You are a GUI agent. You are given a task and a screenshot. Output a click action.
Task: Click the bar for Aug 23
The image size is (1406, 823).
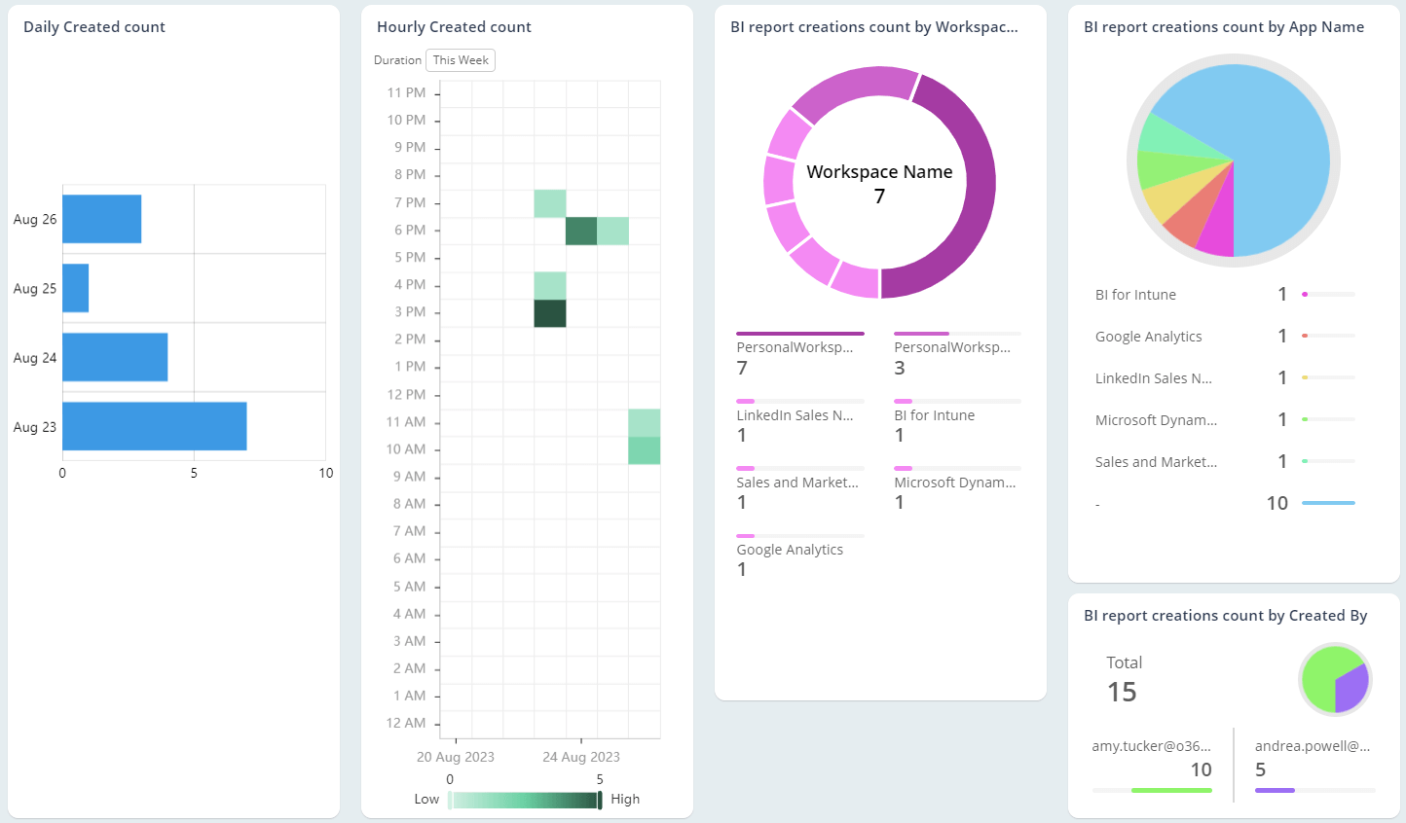coord(154,426)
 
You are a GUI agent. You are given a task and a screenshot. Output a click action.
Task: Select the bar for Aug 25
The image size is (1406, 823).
coord(76,288)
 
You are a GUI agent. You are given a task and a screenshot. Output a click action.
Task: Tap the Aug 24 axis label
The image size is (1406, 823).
coord(35,358)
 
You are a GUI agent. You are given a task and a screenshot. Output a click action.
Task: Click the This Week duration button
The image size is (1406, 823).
coord(461,60)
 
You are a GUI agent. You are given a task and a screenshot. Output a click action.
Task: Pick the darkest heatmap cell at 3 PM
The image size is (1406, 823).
coord(550,313)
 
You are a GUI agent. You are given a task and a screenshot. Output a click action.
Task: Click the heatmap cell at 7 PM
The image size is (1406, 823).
coord(550,203)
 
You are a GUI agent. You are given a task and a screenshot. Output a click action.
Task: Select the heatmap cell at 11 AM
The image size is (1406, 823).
coord(645,422)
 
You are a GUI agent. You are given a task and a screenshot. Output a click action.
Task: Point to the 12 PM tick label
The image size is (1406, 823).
coord(406,394)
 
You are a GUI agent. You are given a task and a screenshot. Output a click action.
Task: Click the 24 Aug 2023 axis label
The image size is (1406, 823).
coord(581,757)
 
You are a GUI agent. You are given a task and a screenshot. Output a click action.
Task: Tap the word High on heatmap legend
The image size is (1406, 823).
coord(625,799)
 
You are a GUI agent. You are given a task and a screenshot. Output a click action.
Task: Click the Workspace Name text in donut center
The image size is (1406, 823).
coord(879,172)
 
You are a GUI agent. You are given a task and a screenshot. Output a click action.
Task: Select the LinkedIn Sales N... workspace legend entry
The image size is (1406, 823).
coord(795,415)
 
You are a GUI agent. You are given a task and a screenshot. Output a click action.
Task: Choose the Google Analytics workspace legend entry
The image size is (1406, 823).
coord(790,550)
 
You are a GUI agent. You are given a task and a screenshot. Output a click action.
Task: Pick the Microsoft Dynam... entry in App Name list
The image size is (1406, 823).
coord(1156,420)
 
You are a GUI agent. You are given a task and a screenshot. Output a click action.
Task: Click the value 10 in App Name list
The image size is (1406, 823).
coord(1276,503)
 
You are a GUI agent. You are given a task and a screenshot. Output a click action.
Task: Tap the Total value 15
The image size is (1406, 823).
coord(1122,692)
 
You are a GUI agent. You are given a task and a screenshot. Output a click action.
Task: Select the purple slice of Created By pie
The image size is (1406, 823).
coord(1352,689)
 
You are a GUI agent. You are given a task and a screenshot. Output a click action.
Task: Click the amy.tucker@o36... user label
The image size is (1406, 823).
coord(1151,746)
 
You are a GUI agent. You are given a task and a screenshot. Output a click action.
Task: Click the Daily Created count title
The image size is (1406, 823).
coord(94,27)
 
